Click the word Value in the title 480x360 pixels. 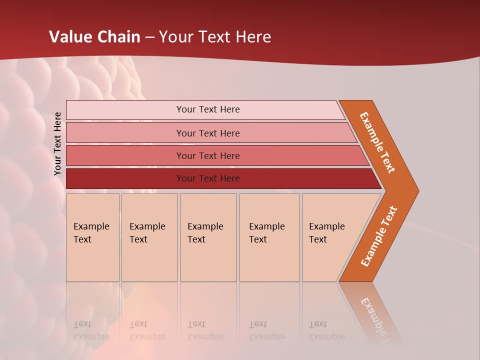point(69,37)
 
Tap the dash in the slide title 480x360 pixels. point(150,37)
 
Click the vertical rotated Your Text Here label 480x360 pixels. point(57,143)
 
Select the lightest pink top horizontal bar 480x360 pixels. point(207,109)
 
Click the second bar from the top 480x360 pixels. point(207,133)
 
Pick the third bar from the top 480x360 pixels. point(207,155)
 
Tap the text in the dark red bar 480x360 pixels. point(207,178)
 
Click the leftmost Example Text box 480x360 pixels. point(92,237)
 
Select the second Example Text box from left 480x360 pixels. point(149,237)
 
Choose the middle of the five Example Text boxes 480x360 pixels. point(208,237)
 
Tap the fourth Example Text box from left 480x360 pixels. point(269,237)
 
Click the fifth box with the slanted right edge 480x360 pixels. point(330,237)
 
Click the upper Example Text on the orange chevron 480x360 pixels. point(377,142)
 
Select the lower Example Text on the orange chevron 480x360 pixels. point(378,236)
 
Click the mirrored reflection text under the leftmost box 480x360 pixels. point(91,330)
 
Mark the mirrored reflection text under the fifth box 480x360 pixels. point(326,330)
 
